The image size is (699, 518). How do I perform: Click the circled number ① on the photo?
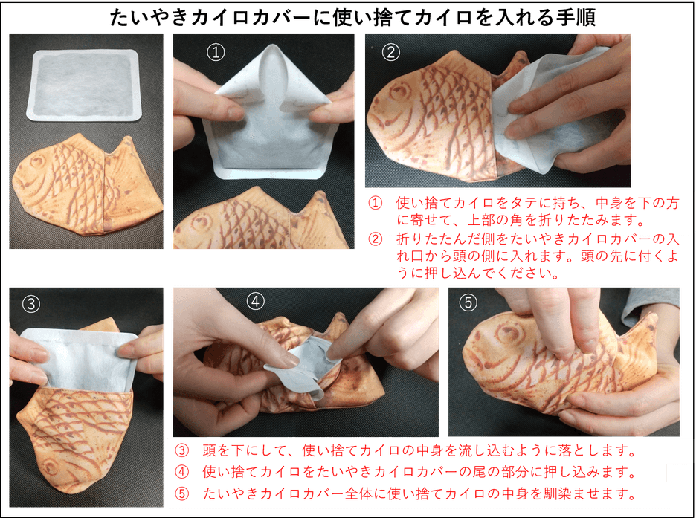pos(215,52)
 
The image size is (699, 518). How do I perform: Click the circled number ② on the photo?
pos(390,52)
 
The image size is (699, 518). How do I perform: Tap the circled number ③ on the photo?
pos(30,303)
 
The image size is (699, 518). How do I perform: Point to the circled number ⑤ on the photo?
pos(468,303)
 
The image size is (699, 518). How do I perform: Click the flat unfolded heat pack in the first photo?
pos(83,85)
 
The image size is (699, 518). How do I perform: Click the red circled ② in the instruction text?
pos(376,239)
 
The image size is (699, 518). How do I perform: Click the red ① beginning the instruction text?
pos(376,202)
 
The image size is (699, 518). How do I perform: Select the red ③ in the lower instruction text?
pos(181,451)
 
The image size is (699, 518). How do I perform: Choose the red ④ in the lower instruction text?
pos(181,473)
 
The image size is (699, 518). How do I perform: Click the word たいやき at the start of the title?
pos(138,18)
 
